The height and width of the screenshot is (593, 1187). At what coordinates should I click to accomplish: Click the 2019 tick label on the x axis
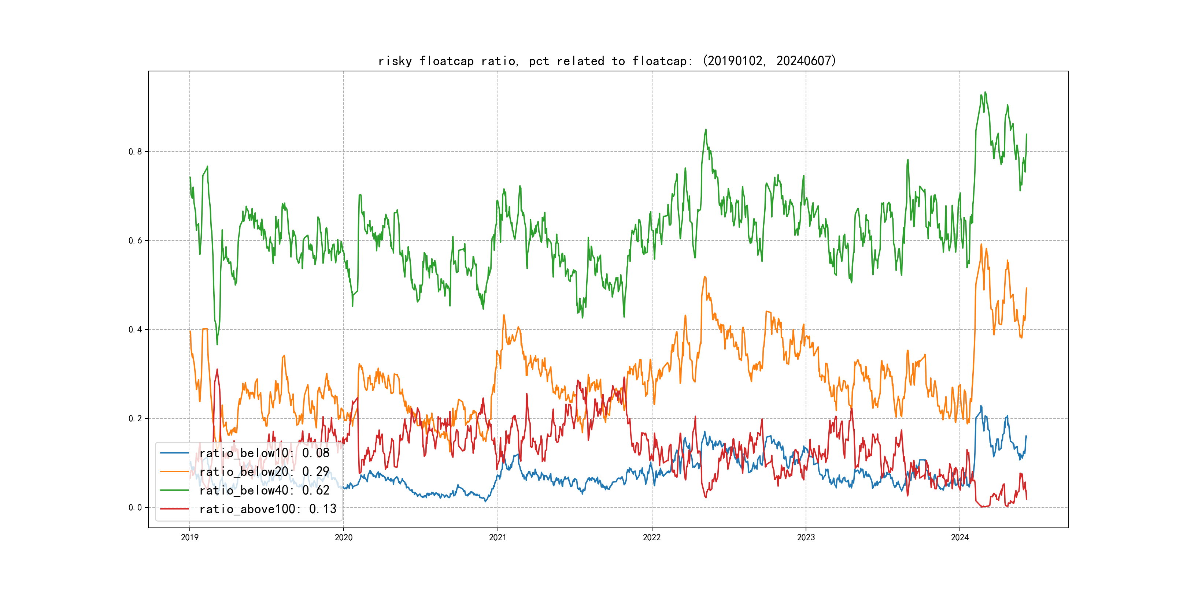[189, 537]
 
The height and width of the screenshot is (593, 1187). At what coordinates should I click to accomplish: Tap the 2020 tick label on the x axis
[343, 537]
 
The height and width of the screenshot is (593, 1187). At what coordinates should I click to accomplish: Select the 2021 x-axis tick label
[498, 537]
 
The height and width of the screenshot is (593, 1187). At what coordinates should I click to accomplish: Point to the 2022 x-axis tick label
[651, 537]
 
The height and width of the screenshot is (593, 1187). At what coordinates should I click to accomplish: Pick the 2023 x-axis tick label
[806, 537]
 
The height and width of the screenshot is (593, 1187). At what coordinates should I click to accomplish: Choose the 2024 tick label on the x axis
[960, 537]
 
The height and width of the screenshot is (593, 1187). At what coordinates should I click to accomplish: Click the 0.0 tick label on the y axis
[135, 507]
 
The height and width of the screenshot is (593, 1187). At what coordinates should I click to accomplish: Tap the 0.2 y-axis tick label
[135, 418]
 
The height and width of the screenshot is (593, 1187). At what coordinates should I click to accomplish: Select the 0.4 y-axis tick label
[135, 330]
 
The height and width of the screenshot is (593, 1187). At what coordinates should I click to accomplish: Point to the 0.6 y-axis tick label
[135, 240]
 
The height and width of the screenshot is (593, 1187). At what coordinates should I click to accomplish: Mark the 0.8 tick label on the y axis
[135, 152]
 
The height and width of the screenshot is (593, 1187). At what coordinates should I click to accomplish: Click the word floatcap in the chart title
[446, 61]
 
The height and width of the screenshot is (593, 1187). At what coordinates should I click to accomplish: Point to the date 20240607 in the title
[804, 61]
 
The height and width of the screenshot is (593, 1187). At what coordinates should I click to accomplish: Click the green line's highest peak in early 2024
[985, 93]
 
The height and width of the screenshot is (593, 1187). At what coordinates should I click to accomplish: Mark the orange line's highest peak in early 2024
[981, 245]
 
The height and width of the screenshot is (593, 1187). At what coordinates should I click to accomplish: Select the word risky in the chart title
[395, 61]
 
